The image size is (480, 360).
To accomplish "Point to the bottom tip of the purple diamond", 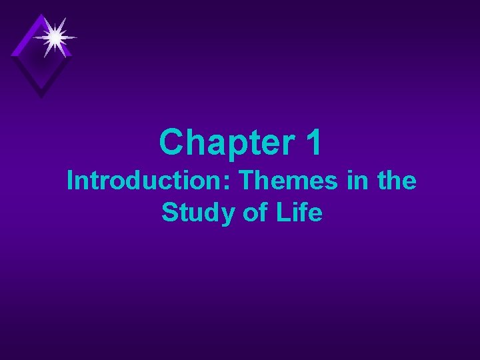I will tap(41, 97).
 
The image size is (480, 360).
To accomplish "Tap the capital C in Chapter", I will tap(171, 143).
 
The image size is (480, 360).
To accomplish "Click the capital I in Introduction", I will tap(71, 181).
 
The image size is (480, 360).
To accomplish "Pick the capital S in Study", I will tap(169, 213).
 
